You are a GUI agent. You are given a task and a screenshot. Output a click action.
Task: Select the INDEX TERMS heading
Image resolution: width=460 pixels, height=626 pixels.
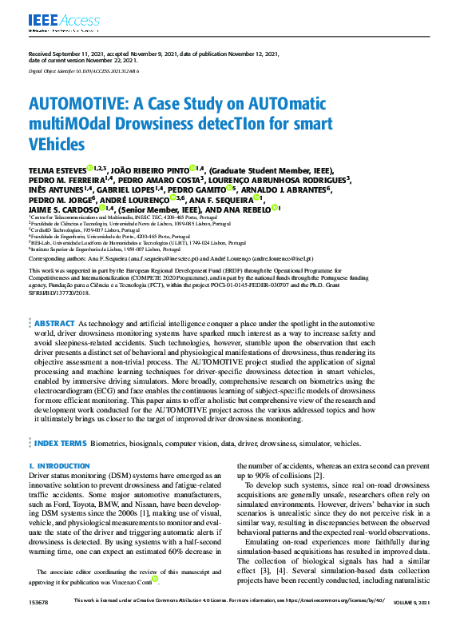click(x=59, y=441)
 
